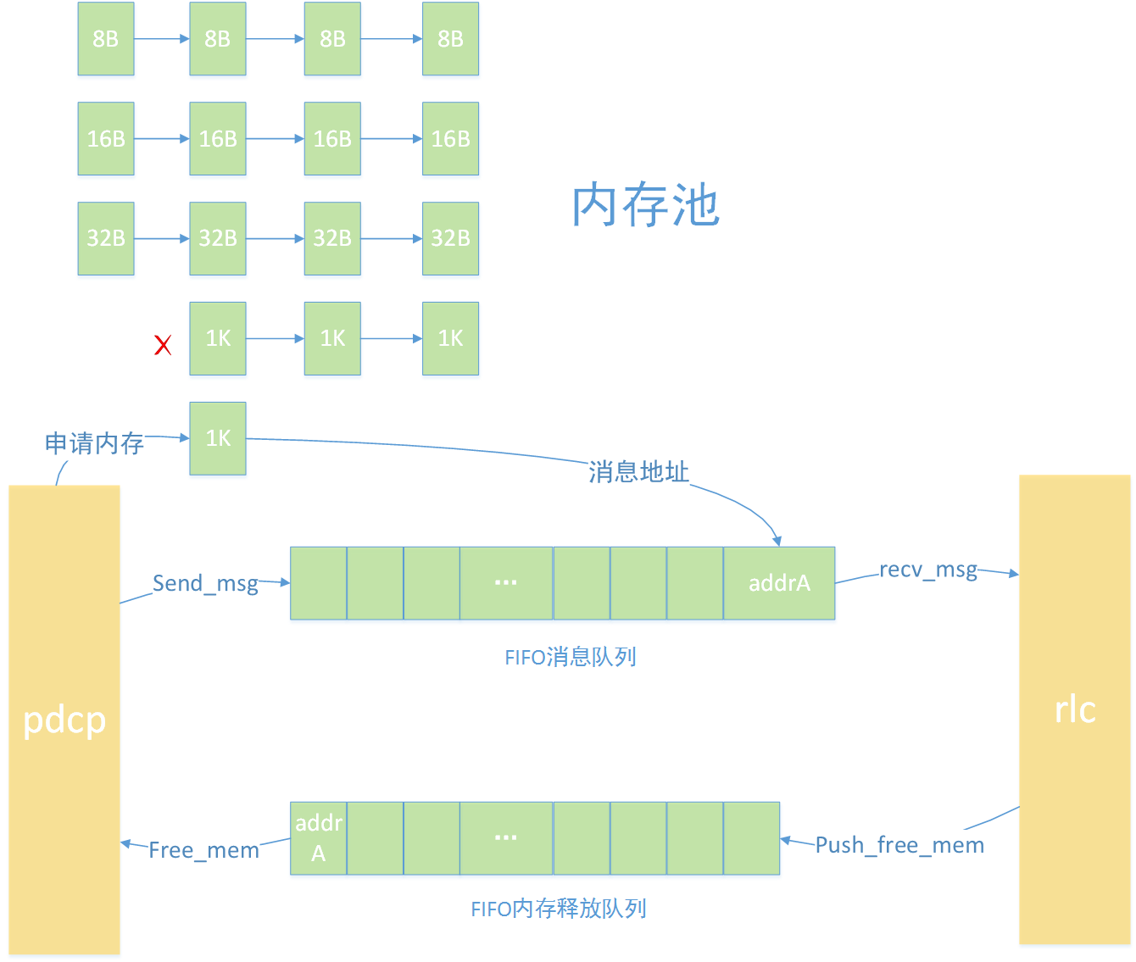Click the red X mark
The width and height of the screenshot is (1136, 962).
point(163,344)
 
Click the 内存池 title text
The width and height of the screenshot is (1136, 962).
point(645,205)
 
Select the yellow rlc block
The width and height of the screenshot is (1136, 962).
point(1074,709)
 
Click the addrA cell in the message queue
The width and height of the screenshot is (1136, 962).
point(779,583)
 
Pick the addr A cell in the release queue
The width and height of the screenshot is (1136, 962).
point(318,838)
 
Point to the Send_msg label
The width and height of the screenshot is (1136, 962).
point(205,583)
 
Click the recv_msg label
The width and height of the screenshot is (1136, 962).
point(927,570)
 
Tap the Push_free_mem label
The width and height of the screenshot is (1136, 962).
point(899,845)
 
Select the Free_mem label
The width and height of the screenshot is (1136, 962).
point(203,850)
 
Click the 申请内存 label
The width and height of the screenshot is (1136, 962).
point(94,443)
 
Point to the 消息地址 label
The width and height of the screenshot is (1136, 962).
point(638,472)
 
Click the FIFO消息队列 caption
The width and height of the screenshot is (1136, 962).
point(570,657)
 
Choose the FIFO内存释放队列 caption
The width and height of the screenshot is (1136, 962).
point(558,909)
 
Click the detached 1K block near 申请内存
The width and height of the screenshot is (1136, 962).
point(218,438)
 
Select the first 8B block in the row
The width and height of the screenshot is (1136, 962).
point(106,39)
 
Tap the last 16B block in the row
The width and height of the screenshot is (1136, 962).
point(450,139)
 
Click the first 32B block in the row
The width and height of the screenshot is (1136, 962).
point(106,238)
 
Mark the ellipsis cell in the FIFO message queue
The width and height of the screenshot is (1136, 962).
point(506,583)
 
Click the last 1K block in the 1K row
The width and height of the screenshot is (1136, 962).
point(450,338)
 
